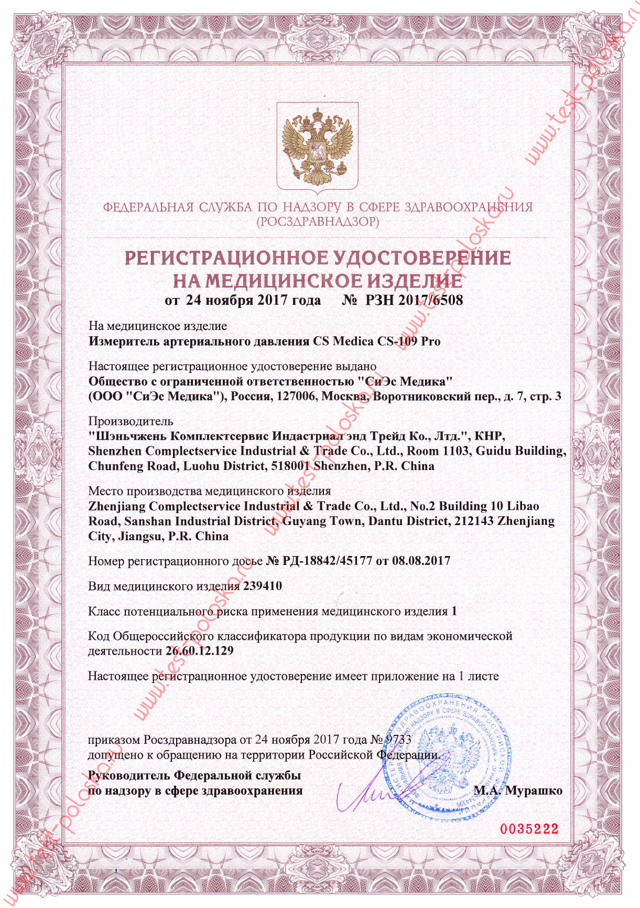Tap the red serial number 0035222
(x=529, y=829)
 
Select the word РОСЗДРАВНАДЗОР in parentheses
(x=318, y=222)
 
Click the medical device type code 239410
(x=263, y=586)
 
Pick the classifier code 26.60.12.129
(x=200, y=651)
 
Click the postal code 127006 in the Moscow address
(x=296, y=396)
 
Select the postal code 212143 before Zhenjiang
(x=474, y=521)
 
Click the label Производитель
(x=131, y=421)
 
